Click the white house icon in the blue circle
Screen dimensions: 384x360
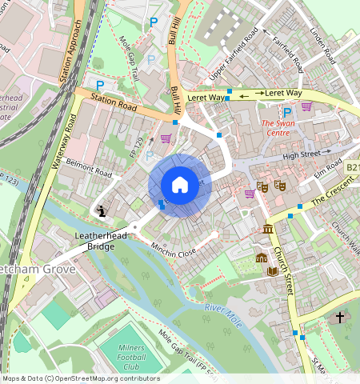179,185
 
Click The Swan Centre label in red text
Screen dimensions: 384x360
278,128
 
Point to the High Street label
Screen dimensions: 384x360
301,154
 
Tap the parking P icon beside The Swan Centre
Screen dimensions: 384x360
286,113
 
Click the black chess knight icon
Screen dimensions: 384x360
102,211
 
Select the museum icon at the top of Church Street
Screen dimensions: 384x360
266,230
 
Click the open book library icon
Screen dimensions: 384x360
272,270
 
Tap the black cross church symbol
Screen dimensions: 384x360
339,318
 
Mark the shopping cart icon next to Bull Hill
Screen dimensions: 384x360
166,138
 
